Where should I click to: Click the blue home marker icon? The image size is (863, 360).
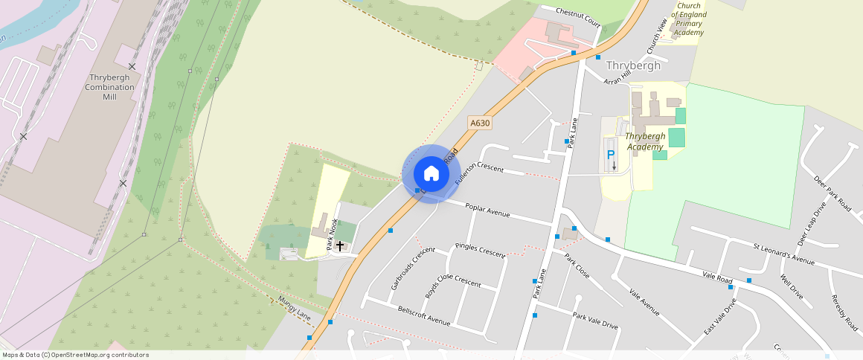coord(431,173)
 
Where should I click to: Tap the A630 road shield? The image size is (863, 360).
coord(480,123)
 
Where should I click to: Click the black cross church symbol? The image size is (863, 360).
coord(340,245)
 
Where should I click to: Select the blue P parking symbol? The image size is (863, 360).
coord(611,155)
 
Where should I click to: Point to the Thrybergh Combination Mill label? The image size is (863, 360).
coord(111,87)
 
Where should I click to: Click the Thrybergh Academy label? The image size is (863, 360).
coord(645,141)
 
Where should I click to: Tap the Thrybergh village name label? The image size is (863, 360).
coord(633,65)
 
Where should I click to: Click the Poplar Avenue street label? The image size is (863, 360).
coord(487,210)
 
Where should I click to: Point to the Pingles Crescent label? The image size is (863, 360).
coord(480,250)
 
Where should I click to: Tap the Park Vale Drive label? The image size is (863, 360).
coord(595,321)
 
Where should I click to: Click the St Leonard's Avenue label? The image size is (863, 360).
coord(783,254)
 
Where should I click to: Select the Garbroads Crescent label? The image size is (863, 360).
coord(412,269)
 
